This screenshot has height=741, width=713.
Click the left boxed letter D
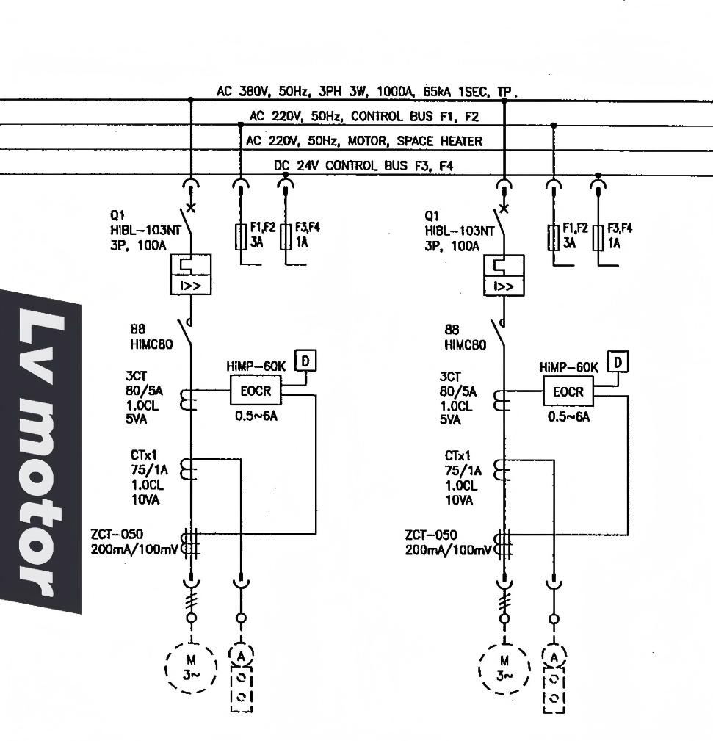pos(303,361)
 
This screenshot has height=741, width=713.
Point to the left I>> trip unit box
pos(190,285)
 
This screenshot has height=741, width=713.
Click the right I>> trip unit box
pos(504,285)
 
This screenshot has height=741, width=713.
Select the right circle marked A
pos(554,656)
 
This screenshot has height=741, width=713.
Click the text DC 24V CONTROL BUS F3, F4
pos(363,166)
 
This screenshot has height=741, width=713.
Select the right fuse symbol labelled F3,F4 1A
pos(599,236)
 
